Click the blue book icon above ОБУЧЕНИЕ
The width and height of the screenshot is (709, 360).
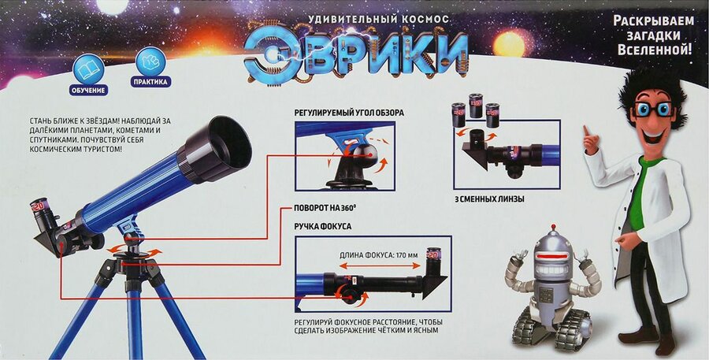point(88,69)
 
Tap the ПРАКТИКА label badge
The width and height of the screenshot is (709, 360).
point(150,82)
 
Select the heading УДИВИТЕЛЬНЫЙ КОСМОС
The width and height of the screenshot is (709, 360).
point(378,20)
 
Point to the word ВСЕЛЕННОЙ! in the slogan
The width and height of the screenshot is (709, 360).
point(655,50)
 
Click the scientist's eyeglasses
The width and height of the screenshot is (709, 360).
point(654,109)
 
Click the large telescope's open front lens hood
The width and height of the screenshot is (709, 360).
point(217,147)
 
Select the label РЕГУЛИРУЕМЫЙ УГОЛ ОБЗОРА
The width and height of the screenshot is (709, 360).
point(349,113)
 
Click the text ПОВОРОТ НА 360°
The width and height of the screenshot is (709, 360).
point(325,209)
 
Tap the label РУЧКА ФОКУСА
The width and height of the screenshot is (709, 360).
point(322,225)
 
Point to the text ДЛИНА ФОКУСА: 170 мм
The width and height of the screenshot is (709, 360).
point(379,255)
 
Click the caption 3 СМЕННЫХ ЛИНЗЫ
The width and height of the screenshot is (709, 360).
point(488,199)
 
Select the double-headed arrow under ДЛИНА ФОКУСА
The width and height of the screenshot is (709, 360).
point(380,266)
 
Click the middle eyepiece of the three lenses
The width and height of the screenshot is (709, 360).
point(475,106)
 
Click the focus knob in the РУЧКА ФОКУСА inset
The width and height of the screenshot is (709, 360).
point(349,294)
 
